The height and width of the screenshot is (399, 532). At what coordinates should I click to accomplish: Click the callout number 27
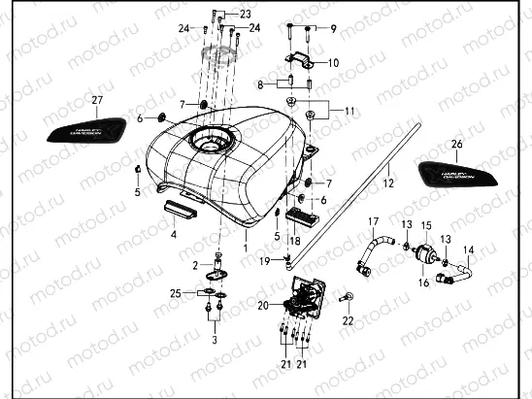coord(96,101)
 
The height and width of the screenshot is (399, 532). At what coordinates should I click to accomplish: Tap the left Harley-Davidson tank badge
coord(85,129)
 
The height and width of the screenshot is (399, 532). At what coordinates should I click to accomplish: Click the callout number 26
coord(456,144)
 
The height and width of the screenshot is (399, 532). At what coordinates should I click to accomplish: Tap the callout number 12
coord(385,182)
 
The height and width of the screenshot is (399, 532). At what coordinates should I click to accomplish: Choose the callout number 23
coord(245,14)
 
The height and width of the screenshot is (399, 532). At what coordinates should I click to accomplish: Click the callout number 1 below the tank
coord(246,235)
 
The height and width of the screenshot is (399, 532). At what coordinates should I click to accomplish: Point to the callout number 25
coord(176,292)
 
